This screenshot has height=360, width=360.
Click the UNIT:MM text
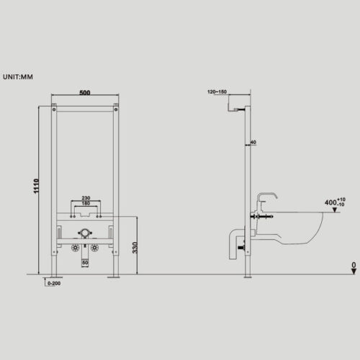[18, 77]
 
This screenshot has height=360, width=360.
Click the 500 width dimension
[85, 93]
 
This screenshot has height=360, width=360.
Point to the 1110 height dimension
[36, 186]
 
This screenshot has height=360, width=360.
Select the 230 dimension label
[86, 198]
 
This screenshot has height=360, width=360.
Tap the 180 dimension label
[86, 203]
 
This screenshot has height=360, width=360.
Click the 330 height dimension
[135, 248]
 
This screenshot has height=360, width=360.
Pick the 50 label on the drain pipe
[85, 263]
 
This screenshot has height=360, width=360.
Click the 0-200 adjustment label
[54, 284]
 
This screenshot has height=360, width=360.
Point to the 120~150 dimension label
[217, 91]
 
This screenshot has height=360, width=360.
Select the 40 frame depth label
[253, 142]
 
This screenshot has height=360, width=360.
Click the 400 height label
[330, 202]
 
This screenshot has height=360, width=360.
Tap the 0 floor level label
[354, 265]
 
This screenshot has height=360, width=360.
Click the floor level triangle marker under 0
[354, 271]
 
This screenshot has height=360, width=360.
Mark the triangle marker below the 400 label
[335, 210]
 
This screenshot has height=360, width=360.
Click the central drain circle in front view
[85, 233]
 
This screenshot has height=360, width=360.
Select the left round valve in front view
[76, 248]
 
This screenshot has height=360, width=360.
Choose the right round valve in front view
[94, 248]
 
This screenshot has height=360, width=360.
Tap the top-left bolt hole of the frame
[54, 109]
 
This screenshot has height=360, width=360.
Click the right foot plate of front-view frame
[114, 277]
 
